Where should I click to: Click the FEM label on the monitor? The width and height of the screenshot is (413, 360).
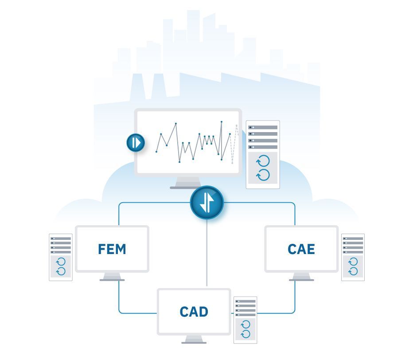pyautogui.click(x=112, y=249)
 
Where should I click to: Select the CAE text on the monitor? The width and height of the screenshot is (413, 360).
pyautogui.click(x=301, y=249)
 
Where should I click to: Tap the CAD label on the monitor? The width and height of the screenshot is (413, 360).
pyautogui.click(x=194, y=312)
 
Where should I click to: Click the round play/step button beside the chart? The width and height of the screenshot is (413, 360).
pyautogui.click(x=136, y=143)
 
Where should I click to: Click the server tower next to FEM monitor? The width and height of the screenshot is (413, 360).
pyautogui.click(x=61, y=257)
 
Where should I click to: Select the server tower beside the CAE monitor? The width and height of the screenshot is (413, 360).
pyautogui.click(x=353, y=257)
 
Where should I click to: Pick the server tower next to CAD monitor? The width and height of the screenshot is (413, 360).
pyautogui.click(x=245, y=320)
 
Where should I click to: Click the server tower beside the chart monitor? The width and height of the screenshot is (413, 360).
pyautogui.click(x=263, y=154)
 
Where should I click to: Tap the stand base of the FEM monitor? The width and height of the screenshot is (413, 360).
pyautogui.click(x=112, y=280)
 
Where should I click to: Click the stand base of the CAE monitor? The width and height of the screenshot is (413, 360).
pyautogui.click(x=301, y=280)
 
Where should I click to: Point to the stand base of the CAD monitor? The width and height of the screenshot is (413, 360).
pyautogui.click(x=194, y=343)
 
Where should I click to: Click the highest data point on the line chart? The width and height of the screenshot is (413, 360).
pyautogui.click(x=222, y=122)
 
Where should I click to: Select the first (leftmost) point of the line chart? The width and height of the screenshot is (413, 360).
pyautogui.click(x=156, y=152)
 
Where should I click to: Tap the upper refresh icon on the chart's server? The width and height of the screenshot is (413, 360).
pyautogui.click(x=263, y=161)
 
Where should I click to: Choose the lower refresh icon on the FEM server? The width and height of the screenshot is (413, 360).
pyautogui.click(x=61, y=271)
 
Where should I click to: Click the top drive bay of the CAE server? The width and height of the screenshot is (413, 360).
pyautogui.click(x=353, y=239)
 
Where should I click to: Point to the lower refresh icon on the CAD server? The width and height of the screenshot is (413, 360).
pyautogui.click(x=245, y=334)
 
